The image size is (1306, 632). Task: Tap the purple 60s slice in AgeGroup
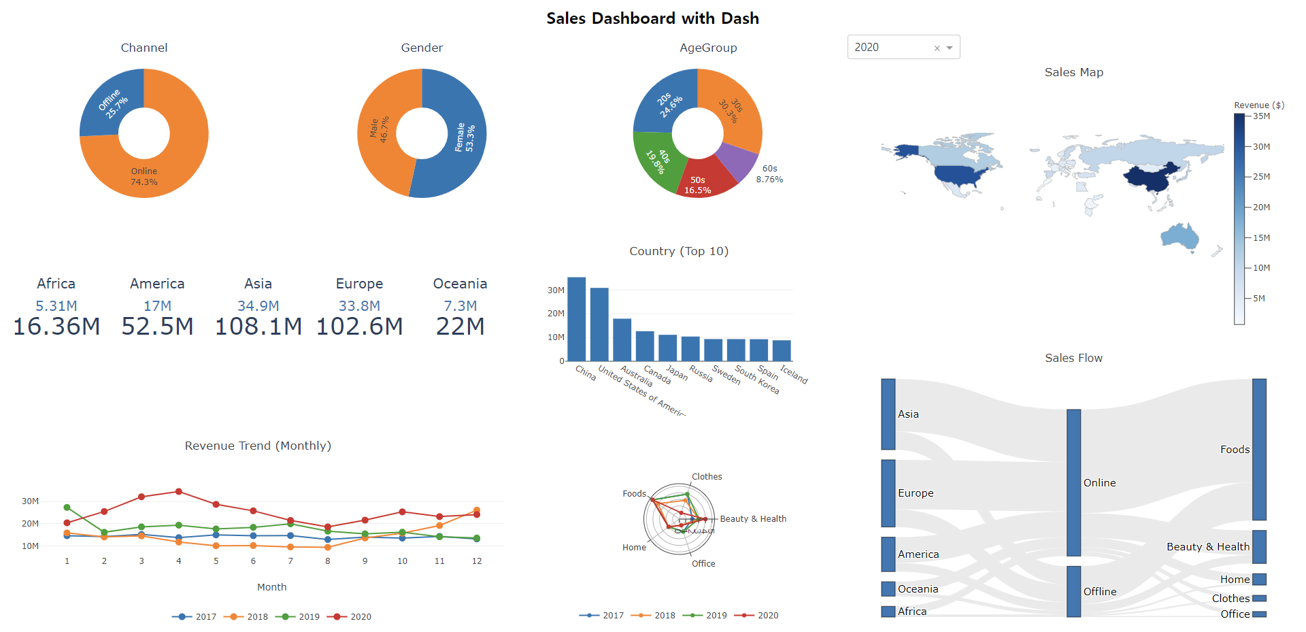tap(738, 161)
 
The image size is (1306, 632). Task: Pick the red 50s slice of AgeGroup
tap(701, 178)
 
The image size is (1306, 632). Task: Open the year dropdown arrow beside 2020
tap(950, 48)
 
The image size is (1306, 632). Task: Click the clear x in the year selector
tap(937, 48)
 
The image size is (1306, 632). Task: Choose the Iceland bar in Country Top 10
tap(782, 350)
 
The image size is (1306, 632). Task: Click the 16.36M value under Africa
tap(56, 327)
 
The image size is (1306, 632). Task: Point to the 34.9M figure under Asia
tap(258, 306)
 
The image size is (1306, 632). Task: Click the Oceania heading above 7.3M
tap(460, 284)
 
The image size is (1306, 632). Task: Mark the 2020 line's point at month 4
tap(179, 491)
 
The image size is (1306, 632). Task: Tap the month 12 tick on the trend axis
tap(477, 561)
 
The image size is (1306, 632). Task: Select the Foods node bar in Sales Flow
tap(1259, 449)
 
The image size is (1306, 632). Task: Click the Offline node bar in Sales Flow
tap(1073, 591)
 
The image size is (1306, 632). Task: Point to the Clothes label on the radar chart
tap(707, 477)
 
